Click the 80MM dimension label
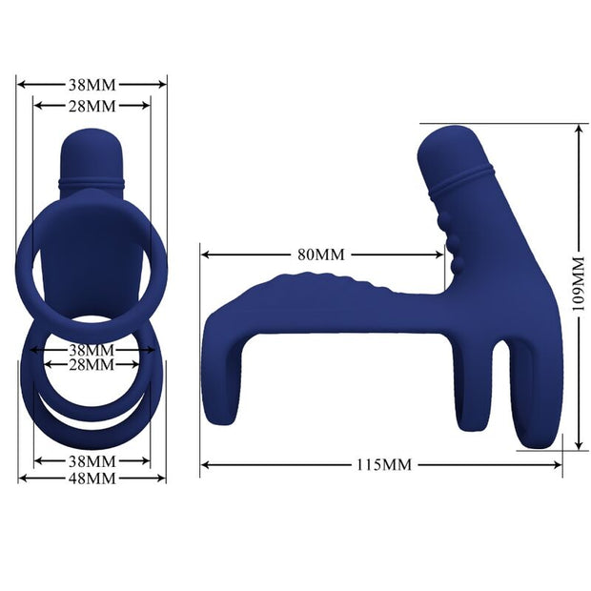click(x=320, y=255)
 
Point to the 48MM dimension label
click(x=92, y=478)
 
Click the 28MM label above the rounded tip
click(x=92, y=105)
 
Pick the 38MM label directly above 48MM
click(x=92, y=461)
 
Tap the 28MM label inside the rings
click(x=92, y=365)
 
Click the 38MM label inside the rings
click(x=92, y=350)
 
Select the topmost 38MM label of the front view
click(x=92, y=84)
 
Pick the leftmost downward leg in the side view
click(x=225, y=381)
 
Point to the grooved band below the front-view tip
click(x=92, y=179)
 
